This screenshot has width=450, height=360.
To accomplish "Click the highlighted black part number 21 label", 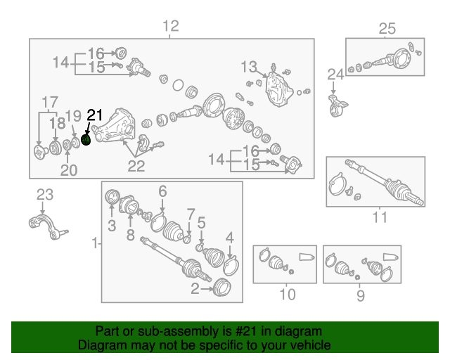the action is (x=95, y=115).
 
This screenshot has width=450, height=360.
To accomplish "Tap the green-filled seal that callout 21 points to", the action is (x=86, y=140).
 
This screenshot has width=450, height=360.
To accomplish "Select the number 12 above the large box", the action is (x=171, y=26).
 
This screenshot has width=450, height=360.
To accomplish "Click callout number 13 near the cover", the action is (x=248, y=67).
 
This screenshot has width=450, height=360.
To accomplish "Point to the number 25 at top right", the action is (x=387, y=29).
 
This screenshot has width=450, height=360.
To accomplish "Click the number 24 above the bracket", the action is (x=335, y=75).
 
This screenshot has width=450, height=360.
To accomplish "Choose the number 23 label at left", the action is (x=45, y=195).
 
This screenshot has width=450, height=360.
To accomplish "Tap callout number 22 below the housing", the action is (x=136, y=166).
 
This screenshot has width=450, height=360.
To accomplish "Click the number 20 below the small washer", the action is (x=69, y=170).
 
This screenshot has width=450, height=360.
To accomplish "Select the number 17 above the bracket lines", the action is (x=50, y=102).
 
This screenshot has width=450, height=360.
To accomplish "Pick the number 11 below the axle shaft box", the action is (x=380, y=217).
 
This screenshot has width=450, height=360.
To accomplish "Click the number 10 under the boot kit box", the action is (x=288, y=295).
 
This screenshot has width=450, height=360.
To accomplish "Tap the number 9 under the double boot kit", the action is (x=361, y=295).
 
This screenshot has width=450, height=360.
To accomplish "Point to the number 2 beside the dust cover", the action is (x=195, y=288).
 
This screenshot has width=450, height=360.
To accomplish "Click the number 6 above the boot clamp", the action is (x=162, y=191).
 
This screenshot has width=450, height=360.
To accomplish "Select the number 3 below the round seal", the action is (x=112, y=226).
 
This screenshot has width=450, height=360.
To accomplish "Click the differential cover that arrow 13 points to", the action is (x=278, y=89).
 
